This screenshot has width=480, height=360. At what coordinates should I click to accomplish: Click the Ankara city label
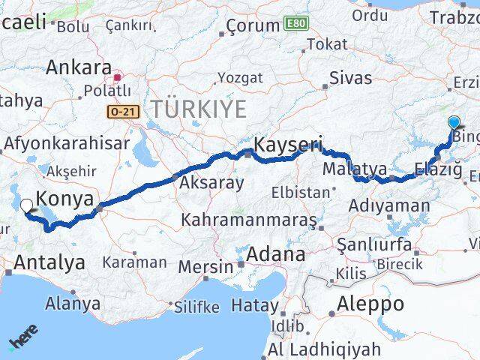pos(79,67)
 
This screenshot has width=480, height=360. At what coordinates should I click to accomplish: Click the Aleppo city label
pos(370,304)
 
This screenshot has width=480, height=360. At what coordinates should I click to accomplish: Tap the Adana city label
pos(278,254)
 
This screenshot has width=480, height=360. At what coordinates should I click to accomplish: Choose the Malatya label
pos(355,168)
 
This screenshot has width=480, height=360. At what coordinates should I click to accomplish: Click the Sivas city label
pos(351,77)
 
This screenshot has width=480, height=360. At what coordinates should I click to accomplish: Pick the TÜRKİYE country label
pos(198,109)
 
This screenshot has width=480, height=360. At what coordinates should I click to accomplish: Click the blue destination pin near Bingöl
pos(454,123)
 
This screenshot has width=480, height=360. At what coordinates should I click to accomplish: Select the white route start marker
pos(26,205)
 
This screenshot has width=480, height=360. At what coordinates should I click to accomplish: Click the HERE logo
pos(23,338)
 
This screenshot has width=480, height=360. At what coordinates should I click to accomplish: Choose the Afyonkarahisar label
pos(66,142)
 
